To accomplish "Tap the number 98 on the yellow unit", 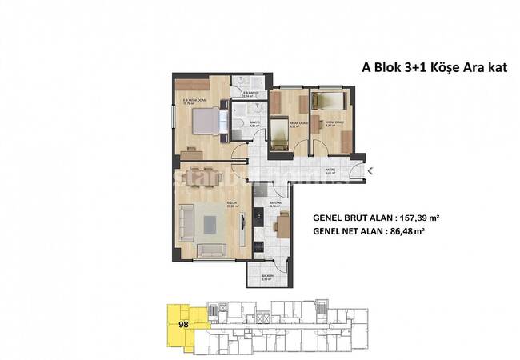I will coord(184,324).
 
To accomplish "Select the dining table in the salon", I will coord(206,175).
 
